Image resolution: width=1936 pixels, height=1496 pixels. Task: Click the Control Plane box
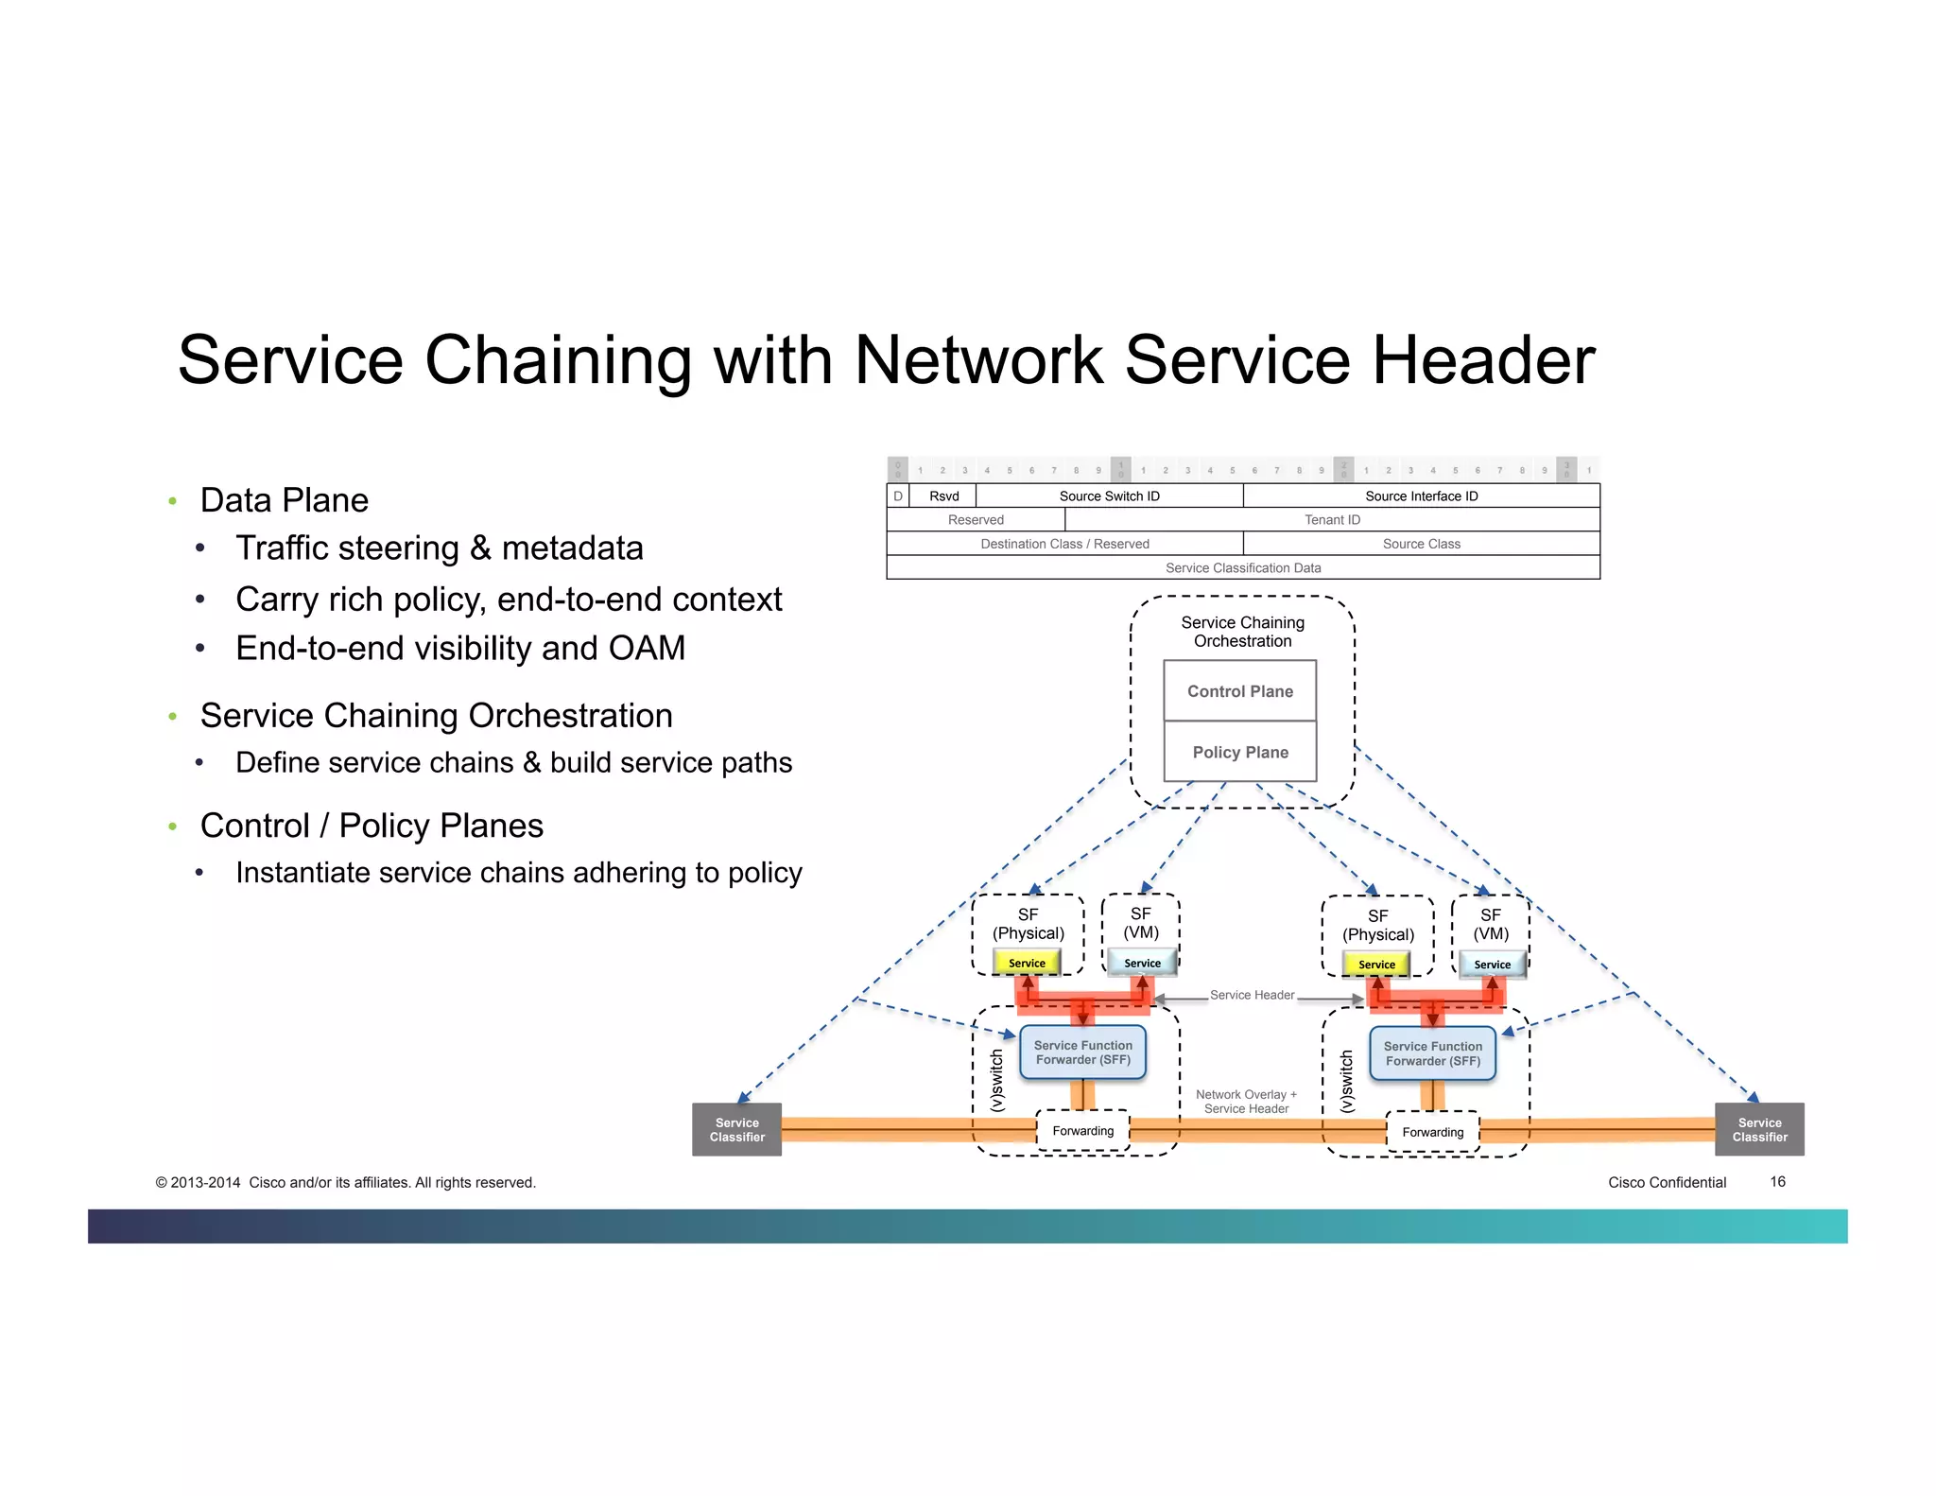point(1239,691)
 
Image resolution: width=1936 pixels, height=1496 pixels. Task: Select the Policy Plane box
point(1239,752)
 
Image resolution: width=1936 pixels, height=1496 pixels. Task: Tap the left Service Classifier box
point(736,1129)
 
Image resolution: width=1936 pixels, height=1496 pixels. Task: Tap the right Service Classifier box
point(1758,1129)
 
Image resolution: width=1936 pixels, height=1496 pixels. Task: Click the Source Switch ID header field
point(1109,496)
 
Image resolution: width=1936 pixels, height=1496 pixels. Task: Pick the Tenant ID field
point(1331,519)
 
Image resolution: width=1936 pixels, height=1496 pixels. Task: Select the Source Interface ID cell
point(1421,496)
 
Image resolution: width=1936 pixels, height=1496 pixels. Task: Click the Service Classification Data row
point(1242,567)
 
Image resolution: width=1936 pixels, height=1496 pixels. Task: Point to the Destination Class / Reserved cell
point(1064,544)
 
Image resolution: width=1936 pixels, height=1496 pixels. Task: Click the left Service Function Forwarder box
point(1082,1052)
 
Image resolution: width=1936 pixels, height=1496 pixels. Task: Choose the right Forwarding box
point(1432,1132)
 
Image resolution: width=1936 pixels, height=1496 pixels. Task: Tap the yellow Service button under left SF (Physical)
point(1027,963)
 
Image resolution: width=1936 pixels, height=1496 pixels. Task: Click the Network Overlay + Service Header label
point(1246,1102)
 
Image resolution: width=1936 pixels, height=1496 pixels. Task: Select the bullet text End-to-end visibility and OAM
point(460,648)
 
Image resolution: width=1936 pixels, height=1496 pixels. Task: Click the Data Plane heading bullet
point(284,500)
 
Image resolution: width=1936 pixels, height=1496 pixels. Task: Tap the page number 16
point(1777,1182)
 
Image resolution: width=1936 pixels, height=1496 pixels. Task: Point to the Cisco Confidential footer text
point(1667,1182)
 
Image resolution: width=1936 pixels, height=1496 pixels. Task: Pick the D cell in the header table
point(897,496)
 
